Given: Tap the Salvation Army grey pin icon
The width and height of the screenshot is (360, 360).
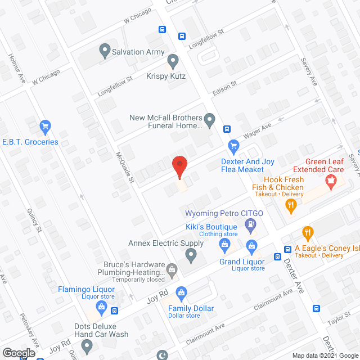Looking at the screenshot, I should [104, 51].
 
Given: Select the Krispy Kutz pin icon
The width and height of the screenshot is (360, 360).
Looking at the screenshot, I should [173, 60].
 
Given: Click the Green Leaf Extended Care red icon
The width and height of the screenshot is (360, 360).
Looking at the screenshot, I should [331, 182].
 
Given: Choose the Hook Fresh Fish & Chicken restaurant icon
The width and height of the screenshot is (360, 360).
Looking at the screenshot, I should [290, 207].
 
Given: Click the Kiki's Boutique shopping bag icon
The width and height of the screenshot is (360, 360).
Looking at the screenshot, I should [224, 244].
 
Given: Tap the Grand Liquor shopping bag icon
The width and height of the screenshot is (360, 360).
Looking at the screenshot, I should [251, 245].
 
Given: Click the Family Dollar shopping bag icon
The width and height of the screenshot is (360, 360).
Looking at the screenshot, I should [181, 292].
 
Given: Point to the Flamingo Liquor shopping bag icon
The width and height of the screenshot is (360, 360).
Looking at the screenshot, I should [101, 307].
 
